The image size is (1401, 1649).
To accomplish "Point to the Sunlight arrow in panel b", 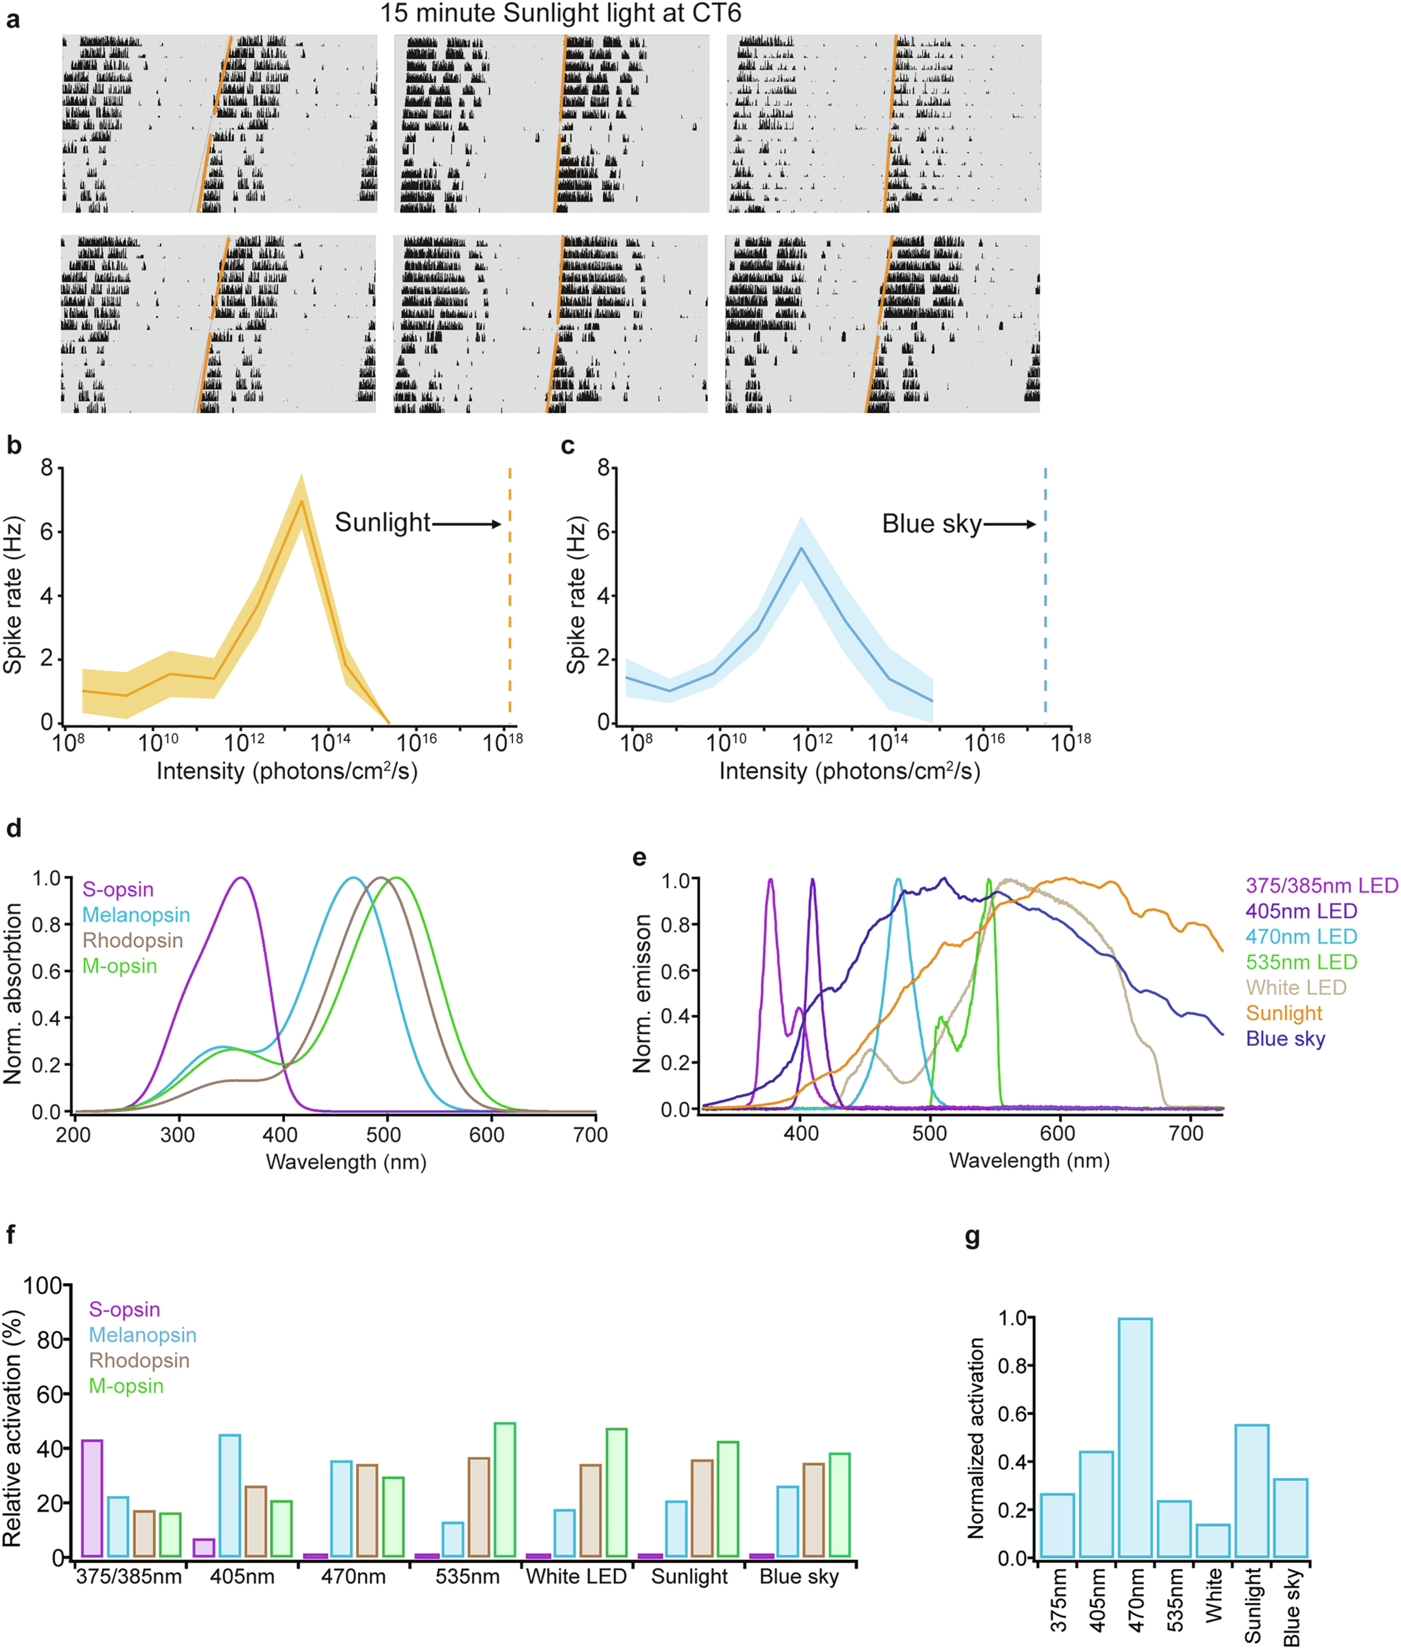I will pyautogui.click(x=466, y=523).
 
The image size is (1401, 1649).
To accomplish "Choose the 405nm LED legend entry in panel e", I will pyautogui.click(x=1301, y=911).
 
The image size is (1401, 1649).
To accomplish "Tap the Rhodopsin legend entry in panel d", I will pyautogui.click(x=133, y=940).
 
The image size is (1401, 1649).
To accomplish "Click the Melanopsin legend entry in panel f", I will pyautogui.click(x=142, y=1335).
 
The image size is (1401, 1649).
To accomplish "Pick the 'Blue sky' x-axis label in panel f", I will pyautogui.click(x=799, y=1577).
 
